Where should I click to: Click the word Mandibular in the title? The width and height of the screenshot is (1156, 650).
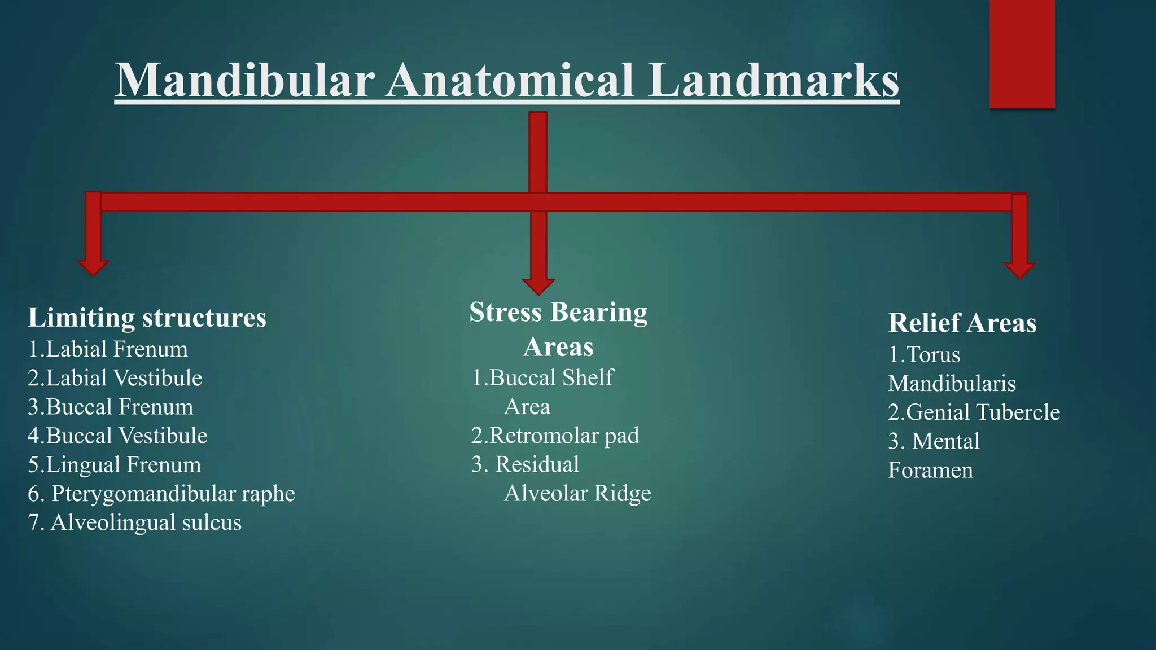click(x=245, y=80)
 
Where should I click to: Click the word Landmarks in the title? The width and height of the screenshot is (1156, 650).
click(x=773, y=80)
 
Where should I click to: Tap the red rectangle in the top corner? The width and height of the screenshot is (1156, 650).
click(x=1022, y=54)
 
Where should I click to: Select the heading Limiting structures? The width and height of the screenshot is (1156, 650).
click(x=147, y=318)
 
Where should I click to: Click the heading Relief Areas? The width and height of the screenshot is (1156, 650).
click(x=962, y=323)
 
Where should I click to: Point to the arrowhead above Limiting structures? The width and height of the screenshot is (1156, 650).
click(x=93, y=267)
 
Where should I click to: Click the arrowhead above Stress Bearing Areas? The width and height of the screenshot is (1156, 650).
click(x=538, y=286)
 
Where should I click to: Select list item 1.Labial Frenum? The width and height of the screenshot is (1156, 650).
click(x=108, y=349)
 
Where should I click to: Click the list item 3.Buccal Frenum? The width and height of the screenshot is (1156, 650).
click(x=111, y=407)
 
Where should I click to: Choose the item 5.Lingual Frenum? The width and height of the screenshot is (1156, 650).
click(x=115, y=465)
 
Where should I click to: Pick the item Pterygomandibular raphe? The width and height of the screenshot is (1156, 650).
click(x=173, y=494)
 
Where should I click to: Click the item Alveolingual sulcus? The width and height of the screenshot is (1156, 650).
click(x=146, y=522)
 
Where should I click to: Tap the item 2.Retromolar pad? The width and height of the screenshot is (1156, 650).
click(x=555, y=436)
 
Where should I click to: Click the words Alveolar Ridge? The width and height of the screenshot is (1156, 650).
click(x=577, y=494)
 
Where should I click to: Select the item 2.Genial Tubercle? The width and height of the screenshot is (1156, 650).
click(x=974, y=412)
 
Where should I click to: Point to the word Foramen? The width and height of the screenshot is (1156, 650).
click(x=930, y=471)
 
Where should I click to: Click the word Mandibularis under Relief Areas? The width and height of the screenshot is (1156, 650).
click(x=952, y=384)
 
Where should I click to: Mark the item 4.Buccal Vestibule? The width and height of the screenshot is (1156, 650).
click(x=117, y=436)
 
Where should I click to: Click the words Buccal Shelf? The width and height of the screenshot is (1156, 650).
click(x=551, y=377)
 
